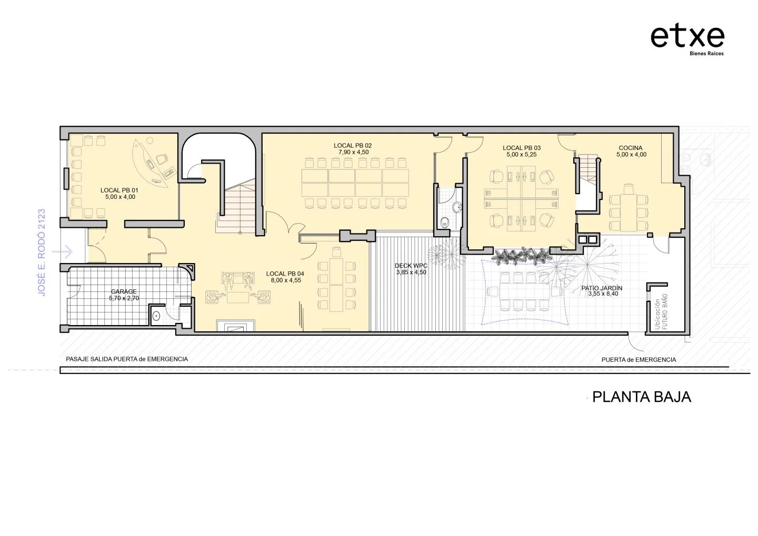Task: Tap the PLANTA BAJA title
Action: [641, 397]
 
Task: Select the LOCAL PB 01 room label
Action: [119, 190]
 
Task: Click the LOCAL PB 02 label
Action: [353, 146]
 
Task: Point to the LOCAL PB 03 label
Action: [522, 148]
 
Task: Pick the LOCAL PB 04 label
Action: [285, 274]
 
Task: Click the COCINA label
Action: [631, 148]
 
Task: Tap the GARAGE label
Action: [124, 291]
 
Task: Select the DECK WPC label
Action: [411, 266]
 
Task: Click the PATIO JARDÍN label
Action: [602, 288]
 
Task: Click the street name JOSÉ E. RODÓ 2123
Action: [41, 252]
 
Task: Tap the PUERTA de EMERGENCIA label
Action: [639, 360]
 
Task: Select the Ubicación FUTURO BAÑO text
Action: [661, 311]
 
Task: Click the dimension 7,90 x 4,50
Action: [353, 152]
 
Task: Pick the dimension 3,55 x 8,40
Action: [603, 294]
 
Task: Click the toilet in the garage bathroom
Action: [156, 316]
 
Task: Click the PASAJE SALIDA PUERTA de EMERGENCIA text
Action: [127, 359]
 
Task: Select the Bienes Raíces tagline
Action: [706, 54]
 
